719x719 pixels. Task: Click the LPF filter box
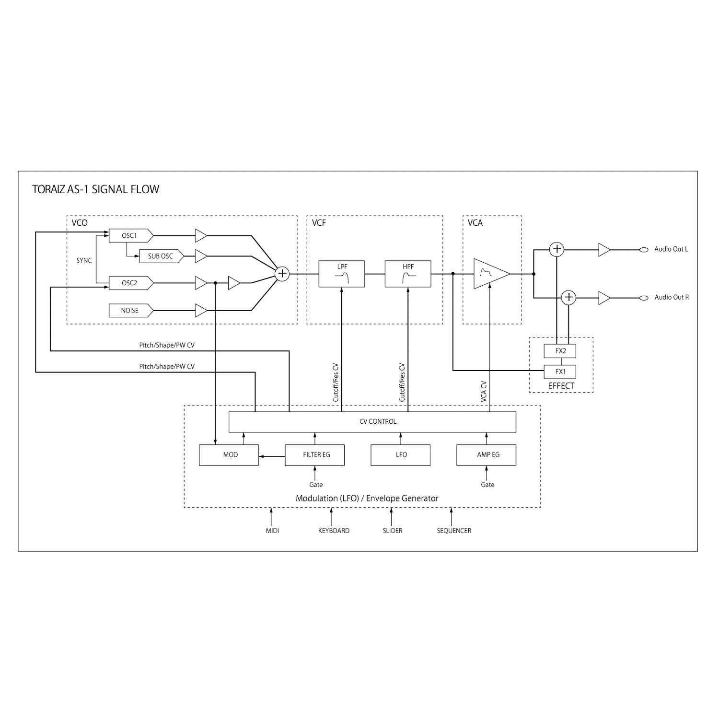click(x=342, y=274)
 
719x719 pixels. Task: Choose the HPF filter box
click(x=408, y=274)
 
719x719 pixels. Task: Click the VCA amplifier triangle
click(x=489, y=274)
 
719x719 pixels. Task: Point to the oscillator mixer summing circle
click(x=283, y=274)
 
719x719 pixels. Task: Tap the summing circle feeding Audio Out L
click(x=557, y=249)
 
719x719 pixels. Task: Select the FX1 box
click(x=560, y=371)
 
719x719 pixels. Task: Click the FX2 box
click(x=560, y=351)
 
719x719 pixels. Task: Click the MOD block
click(x=229, y=455)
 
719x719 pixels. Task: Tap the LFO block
click(x=401, y=455)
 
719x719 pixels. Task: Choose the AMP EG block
click(x=487, y=455)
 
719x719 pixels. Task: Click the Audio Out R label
click(x=672, y=297)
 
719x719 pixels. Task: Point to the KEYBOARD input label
click(x=334, y=531)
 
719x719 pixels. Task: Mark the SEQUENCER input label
click(x=454, y=531)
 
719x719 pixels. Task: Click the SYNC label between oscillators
click(x=84, y=260)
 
